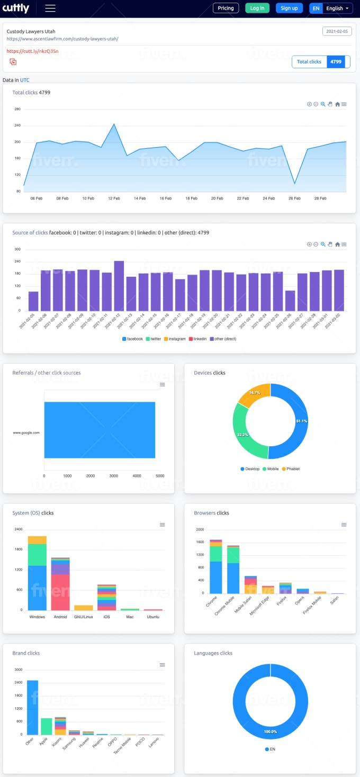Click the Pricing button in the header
pos(226,8)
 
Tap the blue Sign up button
pos(289,8)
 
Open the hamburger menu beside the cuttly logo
pos(50,8)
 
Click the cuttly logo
pos(16,8)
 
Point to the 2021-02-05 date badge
pos(337,31)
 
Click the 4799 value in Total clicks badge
pos(336,62)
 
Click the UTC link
pos(25,80)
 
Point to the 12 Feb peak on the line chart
pos(114,124)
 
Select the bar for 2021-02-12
pos(119,286)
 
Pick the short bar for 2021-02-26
pos(290,300)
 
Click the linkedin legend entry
pos(199,339)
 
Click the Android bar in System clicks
pos(60,588)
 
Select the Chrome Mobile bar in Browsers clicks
pos(233,572)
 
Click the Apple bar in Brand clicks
pos(47,726)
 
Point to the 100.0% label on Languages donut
pos(271,731)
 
